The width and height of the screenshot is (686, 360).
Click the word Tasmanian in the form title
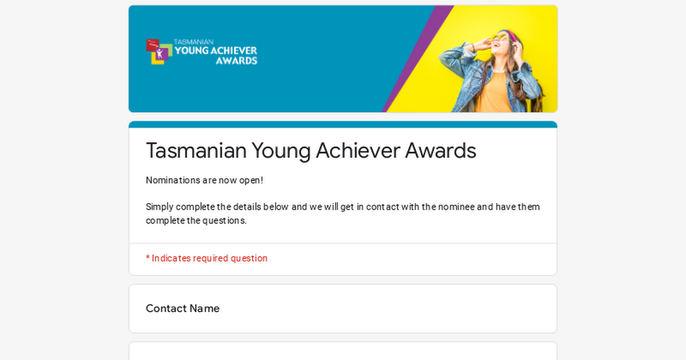tap(196, 150)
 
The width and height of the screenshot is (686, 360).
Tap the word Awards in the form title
tap(440, 150)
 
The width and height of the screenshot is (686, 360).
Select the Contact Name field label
tap(182, 308)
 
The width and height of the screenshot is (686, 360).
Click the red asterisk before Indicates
tap(147, 258)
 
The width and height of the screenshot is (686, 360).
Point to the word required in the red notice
tap(210, 258)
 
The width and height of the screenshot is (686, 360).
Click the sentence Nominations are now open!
tap(204, 181)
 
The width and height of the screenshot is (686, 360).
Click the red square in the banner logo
tap(152, 45)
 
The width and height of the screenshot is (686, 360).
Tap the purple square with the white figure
tap(161, 54)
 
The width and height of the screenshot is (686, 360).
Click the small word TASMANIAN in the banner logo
tap(194, 42)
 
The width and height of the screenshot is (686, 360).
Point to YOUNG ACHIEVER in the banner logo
tap(216, 50)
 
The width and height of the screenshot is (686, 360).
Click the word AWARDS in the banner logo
tap(237, 61)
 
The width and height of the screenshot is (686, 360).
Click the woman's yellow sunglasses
tap(499, 38)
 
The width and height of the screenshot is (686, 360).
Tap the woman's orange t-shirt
tap(494, 92)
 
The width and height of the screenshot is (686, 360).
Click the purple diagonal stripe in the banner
tap(418, 59)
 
